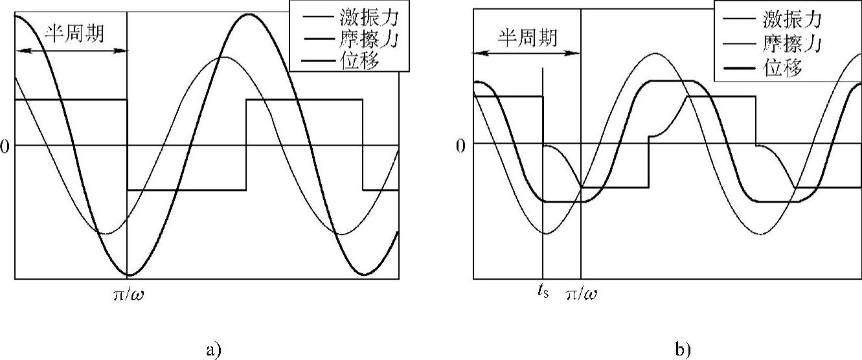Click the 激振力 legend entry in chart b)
point(793,19)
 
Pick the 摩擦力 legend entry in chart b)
point(793,43)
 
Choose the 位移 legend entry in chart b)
point(784,67)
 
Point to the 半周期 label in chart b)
point(527,37)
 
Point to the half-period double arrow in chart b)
point(527,54)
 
